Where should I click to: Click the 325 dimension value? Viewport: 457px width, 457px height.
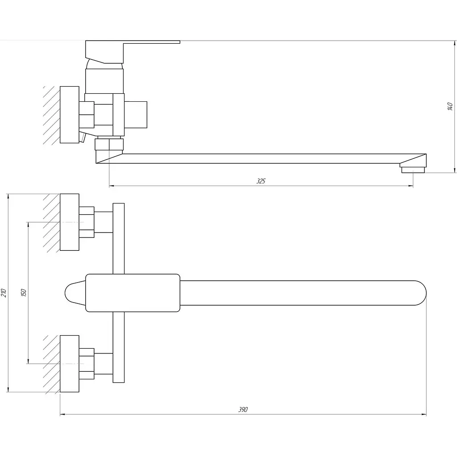click(261, 181)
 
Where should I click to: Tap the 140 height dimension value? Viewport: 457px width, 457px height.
click(450, 106)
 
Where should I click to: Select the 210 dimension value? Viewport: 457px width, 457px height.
click(4, 293)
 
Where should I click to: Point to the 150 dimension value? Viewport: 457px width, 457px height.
click(24, 293)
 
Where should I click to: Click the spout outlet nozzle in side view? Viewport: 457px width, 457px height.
click(413, 169)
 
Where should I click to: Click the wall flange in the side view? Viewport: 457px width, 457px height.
click(69, 115)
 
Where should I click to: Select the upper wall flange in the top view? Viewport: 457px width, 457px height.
click(69, 222)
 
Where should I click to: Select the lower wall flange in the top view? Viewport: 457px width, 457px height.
click(69, 363)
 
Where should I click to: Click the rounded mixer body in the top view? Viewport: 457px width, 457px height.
click(133, 293)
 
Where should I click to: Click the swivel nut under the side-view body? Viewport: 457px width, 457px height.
click(109, 144)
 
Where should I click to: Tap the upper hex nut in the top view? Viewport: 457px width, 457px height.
click(87, 222)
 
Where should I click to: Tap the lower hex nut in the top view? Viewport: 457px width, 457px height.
click(87, 363)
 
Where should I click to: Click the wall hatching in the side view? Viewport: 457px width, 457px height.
click(51, 115)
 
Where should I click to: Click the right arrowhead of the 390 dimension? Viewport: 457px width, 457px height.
click(424, 415)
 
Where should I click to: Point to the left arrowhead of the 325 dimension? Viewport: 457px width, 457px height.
click(112, 185)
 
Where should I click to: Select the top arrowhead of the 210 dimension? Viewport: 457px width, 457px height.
click(9, 197)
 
